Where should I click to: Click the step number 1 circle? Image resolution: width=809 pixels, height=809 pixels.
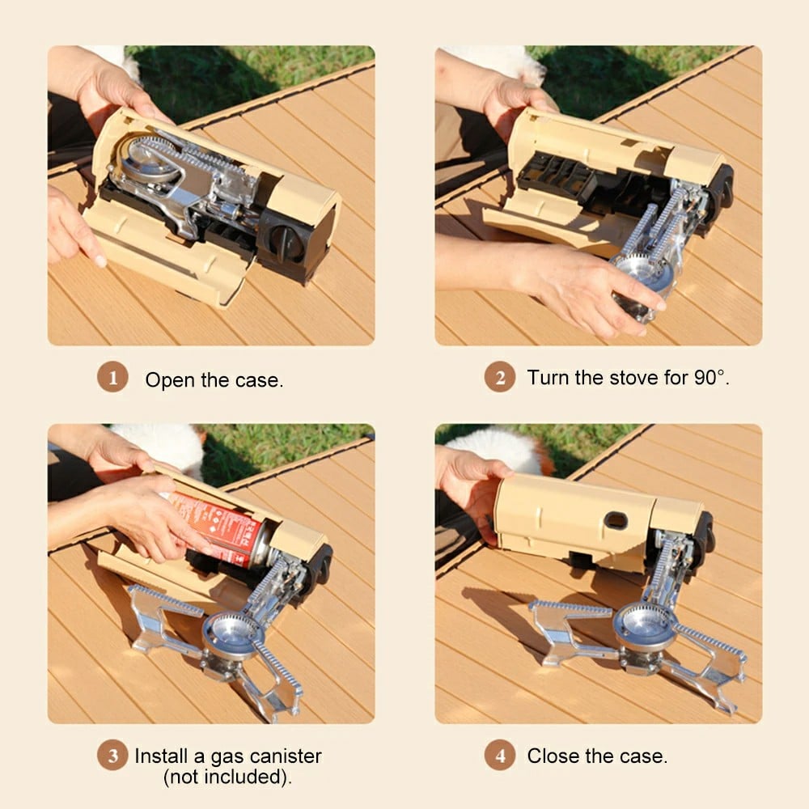(x=113, y=378)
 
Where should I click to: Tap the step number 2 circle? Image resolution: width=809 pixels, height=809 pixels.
(x=500, y=378)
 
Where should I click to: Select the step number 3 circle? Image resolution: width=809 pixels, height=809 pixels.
(x=113, y=756)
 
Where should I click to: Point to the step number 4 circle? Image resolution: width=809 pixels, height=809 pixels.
(x=500, y=756)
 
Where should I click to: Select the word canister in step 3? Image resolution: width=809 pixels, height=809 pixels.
(x=285, y=756)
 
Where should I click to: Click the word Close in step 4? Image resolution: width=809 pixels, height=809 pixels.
(x=551, y=756)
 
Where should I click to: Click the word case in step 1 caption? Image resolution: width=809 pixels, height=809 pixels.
(x=260, y=379)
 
